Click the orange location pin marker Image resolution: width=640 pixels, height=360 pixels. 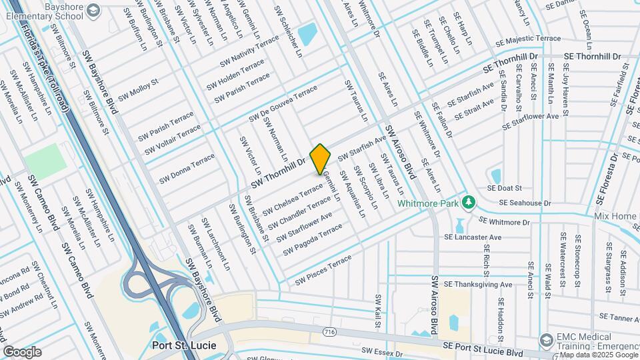coord(320,159)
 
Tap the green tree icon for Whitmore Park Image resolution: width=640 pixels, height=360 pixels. coord(469,201)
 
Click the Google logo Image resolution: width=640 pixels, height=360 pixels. coord(22,351)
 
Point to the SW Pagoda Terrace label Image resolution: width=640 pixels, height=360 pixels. coord(312,239)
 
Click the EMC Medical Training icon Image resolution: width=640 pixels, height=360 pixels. coord(545,341)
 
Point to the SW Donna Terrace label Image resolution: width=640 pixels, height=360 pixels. coord(187,169)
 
